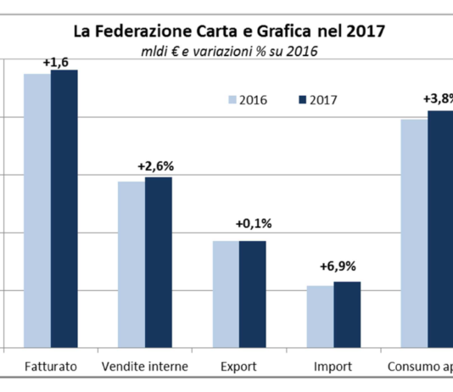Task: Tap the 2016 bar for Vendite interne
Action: pos(131,265)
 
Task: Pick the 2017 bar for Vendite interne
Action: pos(158,262)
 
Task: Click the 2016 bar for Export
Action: pos(225,294)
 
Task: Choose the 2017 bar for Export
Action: pos(252,294)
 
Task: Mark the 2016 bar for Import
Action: pos(320,316)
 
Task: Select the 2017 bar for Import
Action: pos(347,315)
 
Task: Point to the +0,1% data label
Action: pos(253,224)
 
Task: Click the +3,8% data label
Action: pos(438,98)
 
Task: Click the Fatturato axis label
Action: pos(50,367)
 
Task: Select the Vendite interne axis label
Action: pos(144,367)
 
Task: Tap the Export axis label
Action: pos(238,367)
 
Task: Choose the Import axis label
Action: pos(333,367)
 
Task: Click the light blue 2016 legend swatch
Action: pos(232,99)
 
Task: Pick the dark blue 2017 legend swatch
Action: pos(303,99)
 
